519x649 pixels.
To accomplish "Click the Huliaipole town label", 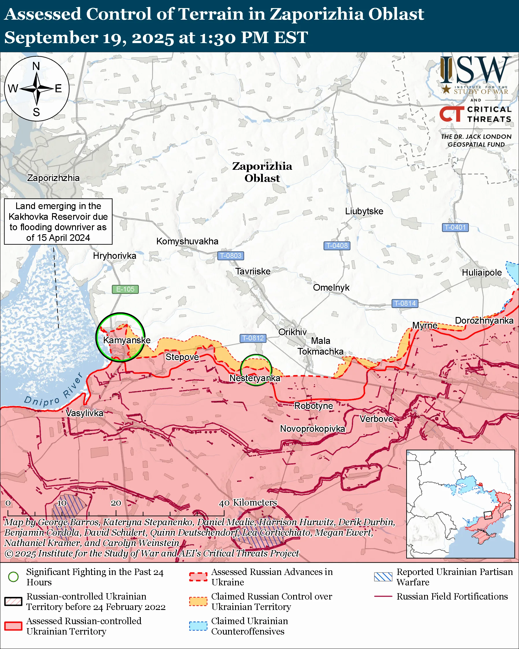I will tap(482, 273).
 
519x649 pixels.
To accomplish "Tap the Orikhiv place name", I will tap(292, 332).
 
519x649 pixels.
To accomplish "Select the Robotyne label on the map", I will tap(313, 406).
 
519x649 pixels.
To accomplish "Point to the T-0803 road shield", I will tap(230, 256).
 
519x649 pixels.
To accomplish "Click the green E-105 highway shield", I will tap(125, 289).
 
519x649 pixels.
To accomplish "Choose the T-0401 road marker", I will tap(455, 227).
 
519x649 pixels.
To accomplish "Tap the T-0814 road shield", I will tap(405, 303).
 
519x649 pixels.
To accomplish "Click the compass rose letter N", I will tap(36, 66).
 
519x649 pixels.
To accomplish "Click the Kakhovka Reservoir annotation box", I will tap(58, 222).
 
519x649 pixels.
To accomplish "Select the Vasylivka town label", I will tap(84, 413).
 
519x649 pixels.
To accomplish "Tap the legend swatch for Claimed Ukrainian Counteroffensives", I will tap(198, 626).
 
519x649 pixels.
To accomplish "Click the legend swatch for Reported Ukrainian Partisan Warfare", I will tap(383, 577).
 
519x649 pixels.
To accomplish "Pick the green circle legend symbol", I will tap(13, 577).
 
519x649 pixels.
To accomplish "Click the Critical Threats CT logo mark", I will tap(452, 114).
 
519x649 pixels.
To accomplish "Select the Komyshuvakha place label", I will tap(187, 241).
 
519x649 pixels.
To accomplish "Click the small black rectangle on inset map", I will tap(488, 515).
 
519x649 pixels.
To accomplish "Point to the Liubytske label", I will tap(364, 211).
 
